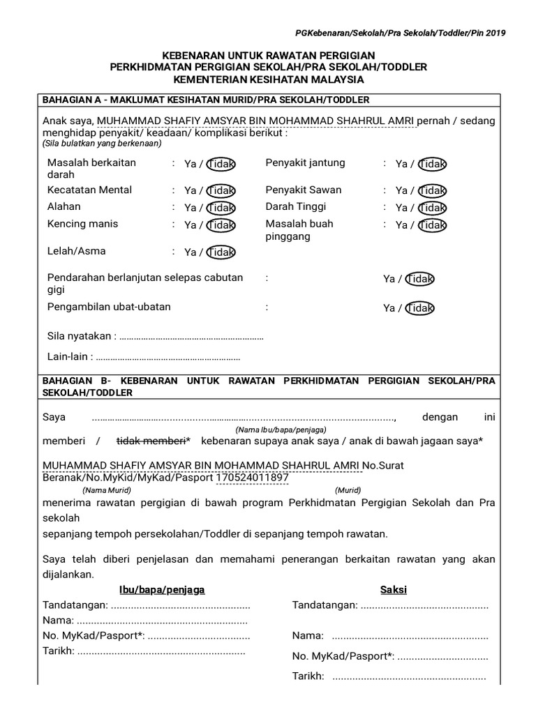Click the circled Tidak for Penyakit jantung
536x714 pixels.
point(433,165)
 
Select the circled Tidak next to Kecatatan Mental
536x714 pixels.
point(221,191)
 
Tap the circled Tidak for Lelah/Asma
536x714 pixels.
point(221,252)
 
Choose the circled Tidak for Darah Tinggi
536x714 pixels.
point(433,208)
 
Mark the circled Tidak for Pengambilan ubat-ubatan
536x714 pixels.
point(420,308)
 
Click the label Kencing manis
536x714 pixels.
point(82,224)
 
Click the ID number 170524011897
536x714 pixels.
point(251,478)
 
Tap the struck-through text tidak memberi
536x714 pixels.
point(151,441)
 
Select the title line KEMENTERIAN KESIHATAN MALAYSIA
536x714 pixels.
point(269,80)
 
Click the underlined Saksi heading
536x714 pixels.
point(393,590)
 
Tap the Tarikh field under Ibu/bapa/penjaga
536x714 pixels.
point(161,651)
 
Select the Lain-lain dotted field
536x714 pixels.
point(167,358)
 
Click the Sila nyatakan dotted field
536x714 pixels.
point(191,337)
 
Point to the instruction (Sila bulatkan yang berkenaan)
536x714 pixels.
point(102,144)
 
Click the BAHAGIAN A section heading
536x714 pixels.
point(206,100)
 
